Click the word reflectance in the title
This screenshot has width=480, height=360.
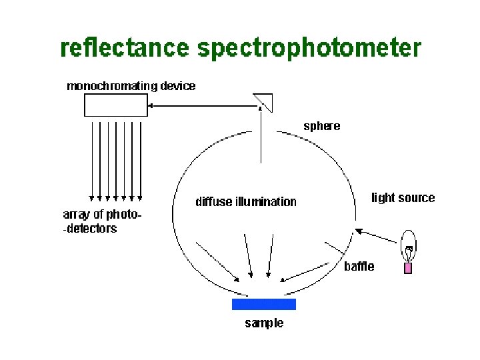[125, 49]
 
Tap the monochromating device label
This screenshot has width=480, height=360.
[131, 86]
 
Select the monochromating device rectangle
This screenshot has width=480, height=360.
[115, 105]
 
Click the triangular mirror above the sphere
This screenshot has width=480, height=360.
[263, 101]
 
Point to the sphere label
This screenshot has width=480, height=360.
[322, 125]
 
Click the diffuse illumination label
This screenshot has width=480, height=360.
[245, 201]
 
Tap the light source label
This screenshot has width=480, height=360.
[403, 197]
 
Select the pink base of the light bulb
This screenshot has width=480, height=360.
[408, 267]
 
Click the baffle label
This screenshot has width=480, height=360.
[359, 267]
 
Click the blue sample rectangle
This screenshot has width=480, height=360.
[263, 304]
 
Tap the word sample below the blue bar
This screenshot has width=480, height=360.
[264, 323]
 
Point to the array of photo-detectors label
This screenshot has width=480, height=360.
[102, 221]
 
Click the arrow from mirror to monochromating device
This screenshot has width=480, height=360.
[200, 105]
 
